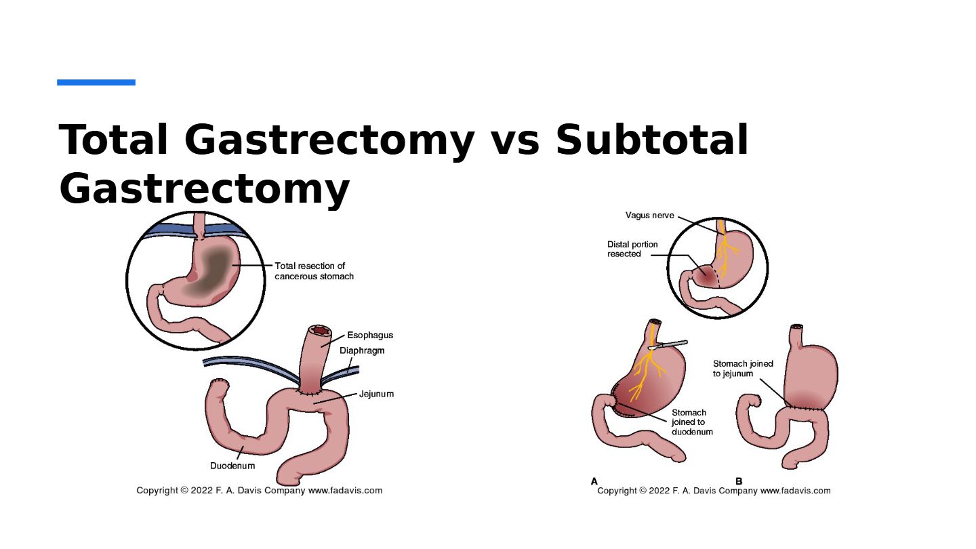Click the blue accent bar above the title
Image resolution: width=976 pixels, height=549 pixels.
click(96, 83)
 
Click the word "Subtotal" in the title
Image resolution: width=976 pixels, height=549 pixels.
click(652, 140)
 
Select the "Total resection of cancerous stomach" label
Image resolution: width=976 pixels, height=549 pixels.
click(314, 271)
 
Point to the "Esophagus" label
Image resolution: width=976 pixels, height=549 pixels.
click(370, 335)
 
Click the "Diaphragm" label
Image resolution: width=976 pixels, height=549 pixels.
click(362, 350)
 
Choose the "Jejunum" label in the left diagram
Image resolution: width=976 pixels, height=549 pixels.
click(376, 394)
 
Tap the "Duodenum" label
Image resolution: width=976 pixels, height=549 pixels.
click(232, 466)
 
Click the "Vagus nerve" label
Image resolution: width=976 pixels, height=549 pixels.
click(649, 216)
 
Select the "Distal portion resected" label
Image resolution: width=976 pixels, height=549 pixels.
click(632, 249)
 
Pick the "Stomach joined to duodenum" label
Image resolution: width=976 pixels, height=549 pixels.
click(692, 422)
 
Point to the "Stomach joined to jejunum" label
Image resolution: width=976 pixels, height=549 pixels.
click(743, 368)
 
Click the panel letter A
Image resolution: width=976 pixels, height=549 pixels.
click(594, 481)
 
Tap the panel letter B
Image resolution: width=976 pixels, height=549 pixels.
click(739, 481)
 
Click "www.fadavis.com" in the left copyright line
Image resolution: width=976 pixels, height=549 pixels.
click(345, 490)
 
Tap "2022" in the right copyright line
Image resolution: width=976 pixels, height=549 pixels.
click(659, 491)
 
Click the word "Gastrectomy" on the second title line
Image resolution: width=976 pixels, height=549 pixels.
click(204, 189)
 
